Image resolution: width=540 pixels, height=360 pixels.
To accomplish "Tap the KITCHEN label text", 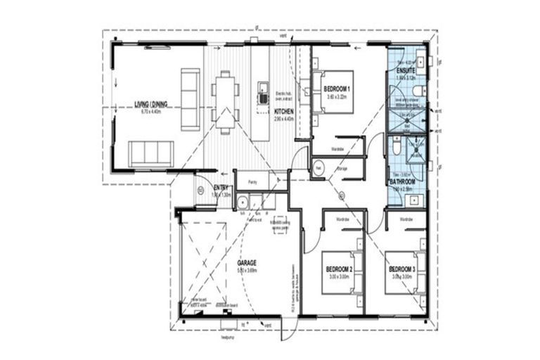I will click(x=284, y=112).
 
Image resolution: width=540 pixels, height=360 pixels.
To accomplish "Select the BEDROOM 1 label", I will click(x=337, y=89).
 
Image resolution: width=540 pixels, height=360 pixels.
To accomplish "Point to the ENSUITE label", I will click(x=406, y=71).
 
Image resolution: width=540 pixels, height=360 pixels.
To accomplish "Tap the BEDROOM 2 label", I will click(x=338, y=269).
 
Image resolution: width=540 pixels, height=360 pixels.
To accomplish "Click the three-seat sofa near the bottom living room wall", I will click(x=150, y=153).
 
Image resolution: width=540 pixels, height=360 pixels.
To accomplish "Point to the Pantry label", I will click(x=252, y=182).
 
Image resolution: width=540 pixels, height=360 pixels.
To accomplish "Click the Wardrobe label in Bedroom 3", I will click(x=407, y=220).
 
